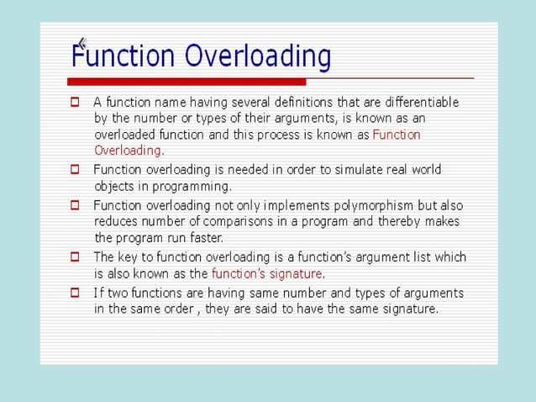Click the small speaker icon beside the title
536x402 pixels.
[x=81, y=43]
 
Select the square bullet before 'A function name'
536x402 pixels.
[x=75, y=103]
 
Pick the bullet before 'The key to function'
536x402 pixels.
[x=75, y=257]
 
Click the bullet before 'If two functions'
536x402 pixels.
[x=75, y=293]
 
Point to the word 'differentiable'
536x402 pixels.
[x=420, y=103]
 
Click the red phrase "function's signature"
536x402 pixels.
[x=266, y=273]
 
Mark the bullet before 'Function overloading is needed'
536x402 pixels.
[x=75, y=169]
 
